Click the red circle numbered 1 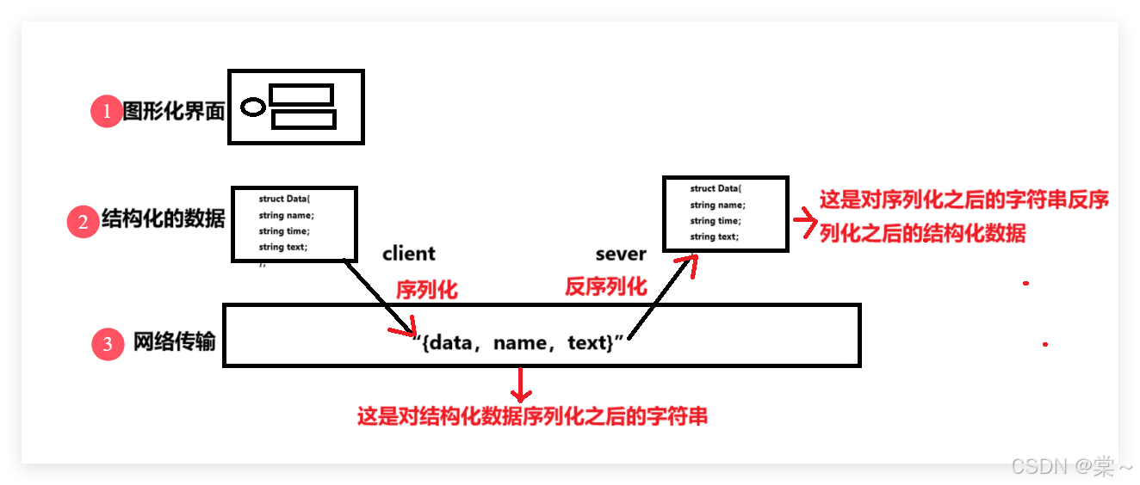107,112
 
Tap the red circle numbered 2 83,222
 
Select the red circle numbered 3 108,344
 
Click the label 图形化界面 173,112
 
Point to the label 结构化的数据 163,219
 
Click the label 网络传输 174,343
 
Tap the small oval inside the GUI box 252,107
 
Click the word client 409,254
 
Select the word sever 620,254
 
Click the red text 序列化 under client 426,290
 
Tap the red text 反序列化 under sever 605,286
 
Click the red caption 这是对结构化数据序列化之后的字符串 532,417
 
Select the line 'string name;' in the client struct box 287,215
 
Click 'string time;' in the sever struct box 716,221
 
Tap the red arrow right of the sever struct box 804,224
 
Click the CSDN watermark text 1071,466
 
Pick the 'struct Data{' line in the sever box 716,188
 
